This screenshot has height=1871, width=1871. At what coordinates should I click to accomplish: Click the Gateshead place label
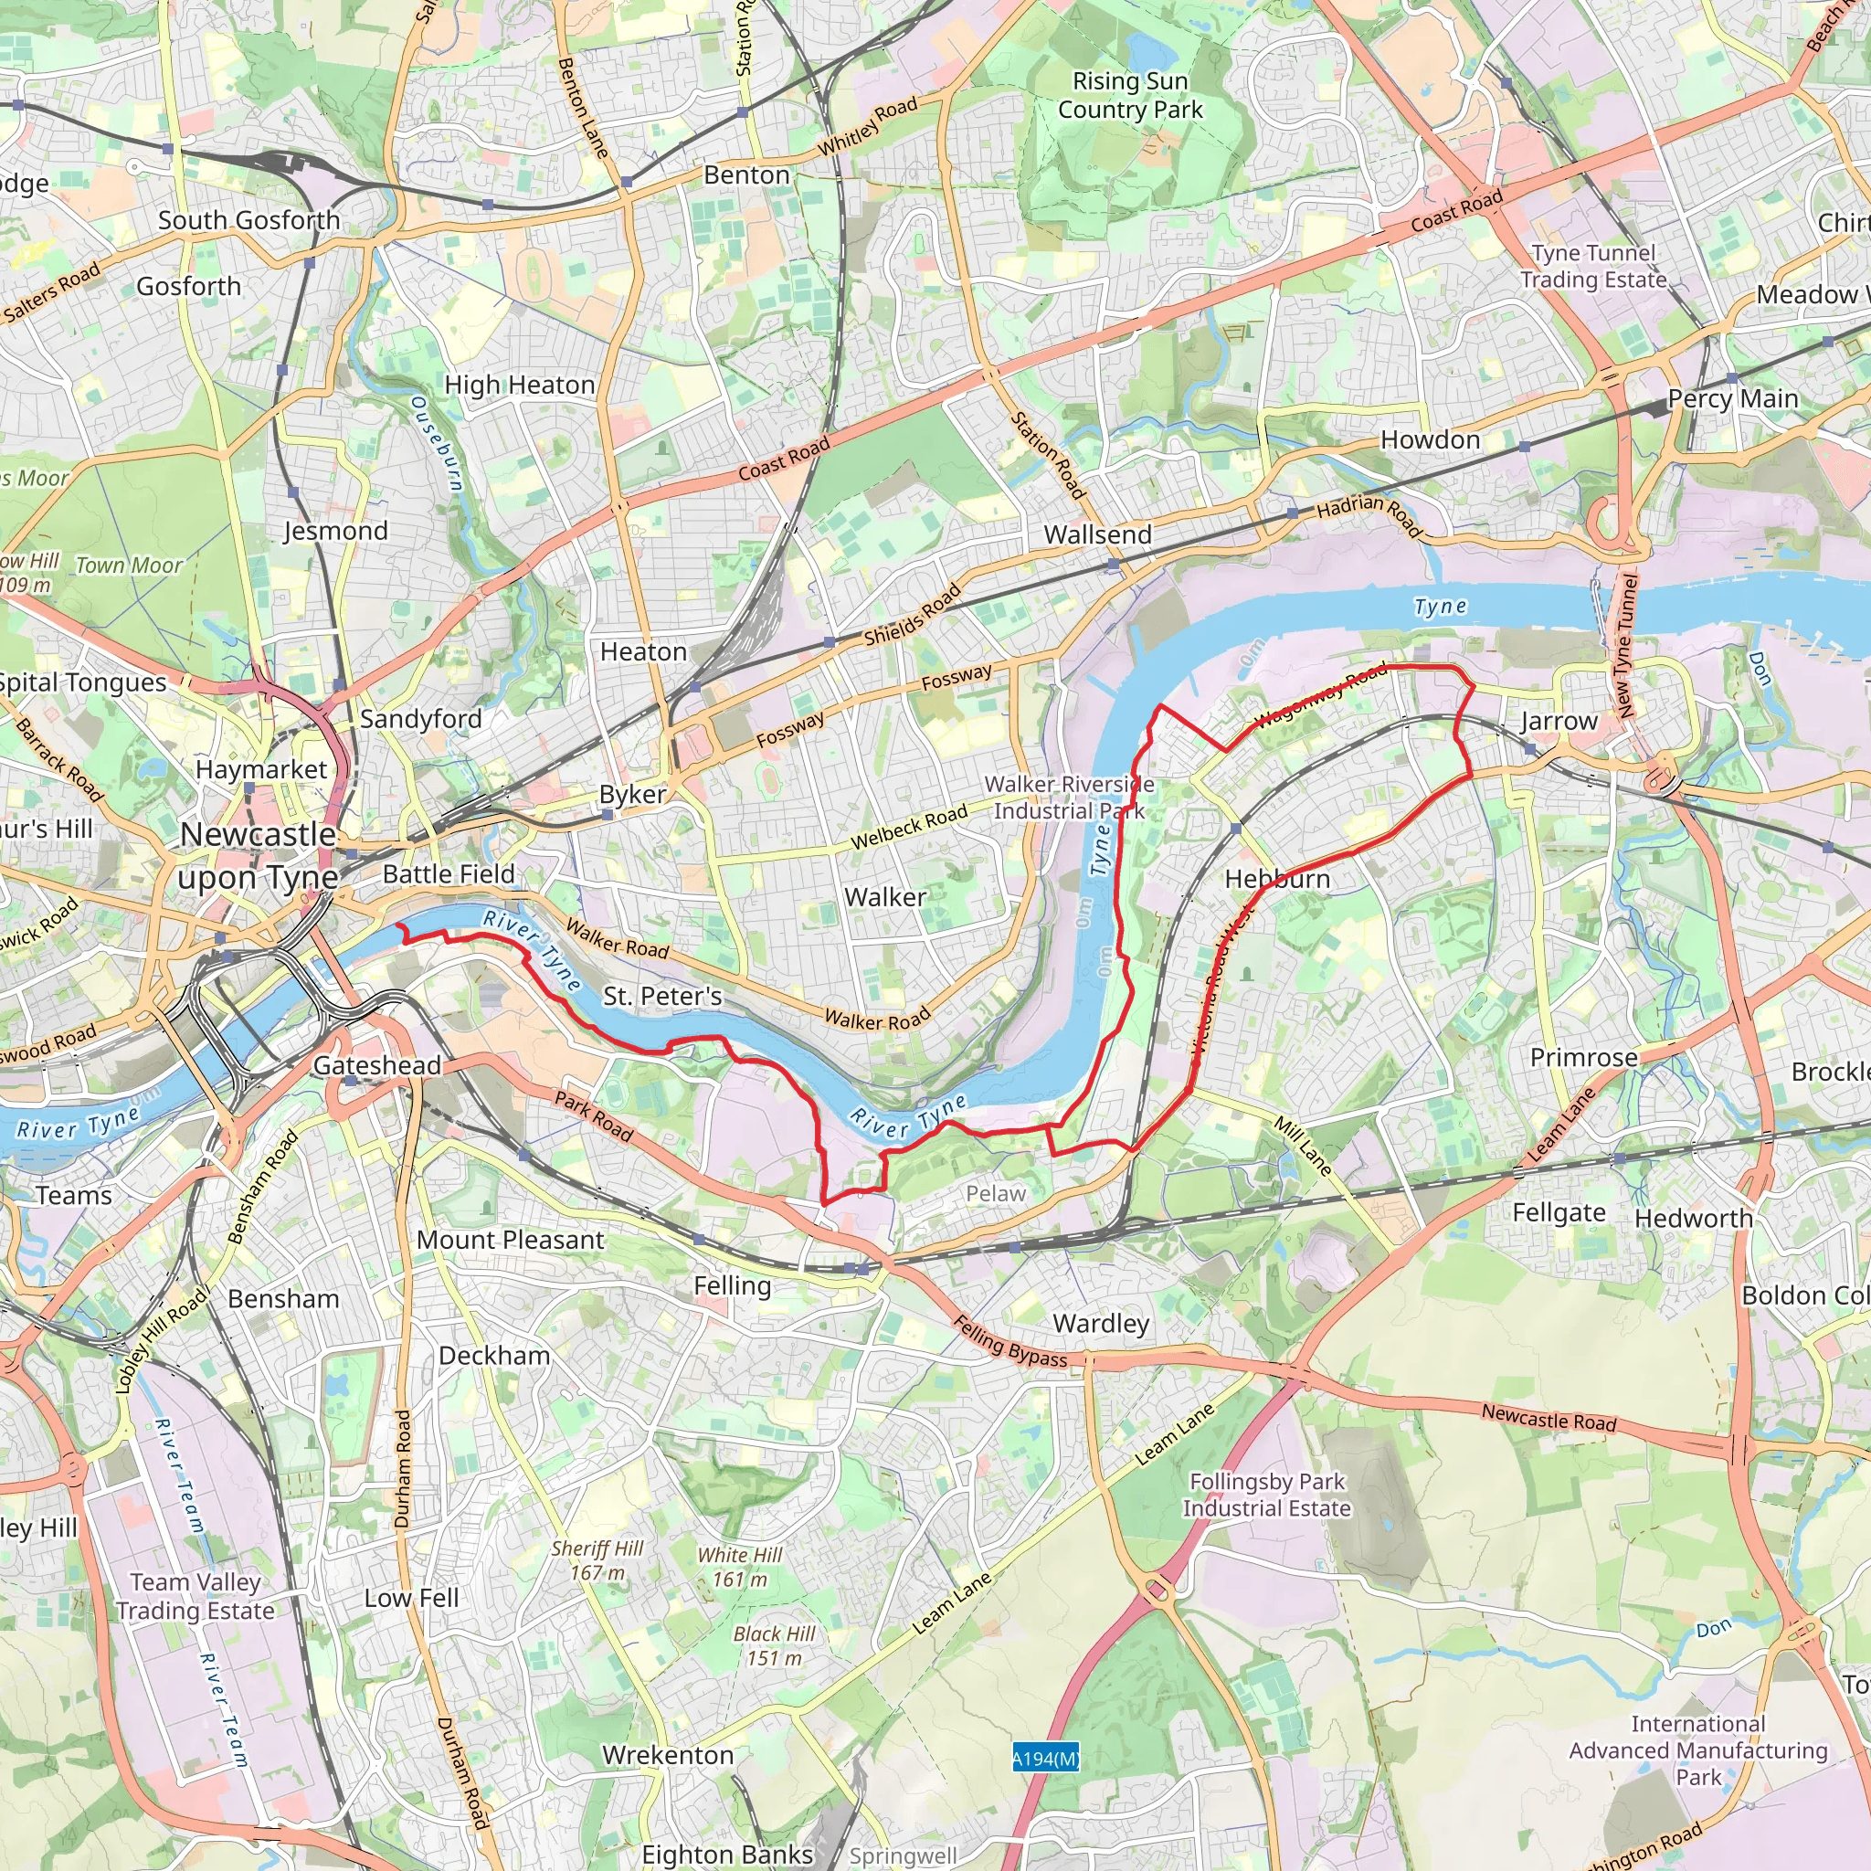pyautogui.click(x=376, y=1065)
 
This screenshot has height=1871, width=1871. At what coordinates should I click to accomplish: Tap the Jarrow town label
pyautogui.click(x=1559, y=721)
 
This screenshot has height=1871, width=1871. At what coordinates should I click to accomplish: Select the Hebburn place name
pyautogui.click(x=1277, y=880)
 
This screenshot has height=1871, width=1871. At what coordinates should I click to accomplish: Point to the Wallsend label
pyautogui.click(x=1097, y=534)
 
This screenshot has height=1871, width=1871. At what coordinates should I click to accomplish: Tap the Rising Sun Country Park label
pyautogui.click(x=1130, y=95)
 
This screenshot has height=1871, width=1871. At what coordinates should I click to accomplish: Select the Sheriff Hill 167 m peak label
pyautogui.click(x=597, y=1560)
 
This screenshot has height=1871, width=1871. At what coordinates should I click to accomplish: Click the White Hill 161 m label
pyautogui.click(x=740, y=1567)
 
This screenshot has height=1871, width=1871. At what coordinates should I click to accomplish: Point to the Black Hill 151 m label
pyautogui.click(x=774, y=1645)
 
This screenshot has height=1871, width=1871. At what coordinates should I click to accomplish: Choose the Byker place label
pyautogui.click(x=632, y=794)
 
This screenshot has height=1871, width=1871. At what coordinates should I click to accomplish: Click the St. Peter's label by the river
pyautogui.click(x=662, y=996)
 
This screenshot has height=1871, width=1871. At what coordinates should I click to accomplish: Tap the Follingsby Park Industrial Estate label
pyautogui.click(x=1267, y=1495)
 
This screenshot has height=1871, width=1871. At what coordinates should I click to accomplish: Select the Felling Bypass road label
pyautogui.click(x=1010, y=1341)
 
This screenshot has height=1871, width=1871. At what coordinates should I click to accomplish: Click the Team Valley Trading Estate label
pyautogui.click(x=196, y=1596)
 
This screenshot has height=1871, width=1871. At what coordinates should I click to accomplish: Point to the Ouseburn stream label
pyautogui.click(x=437, y=442)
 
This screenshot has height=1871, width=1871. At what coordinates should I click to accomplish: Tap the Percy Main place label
pyautogui.click(x=1732, y=399)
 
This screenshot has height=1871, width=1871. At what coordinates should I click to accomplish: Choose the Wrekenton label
pyautogui.click(x=667, y=1755)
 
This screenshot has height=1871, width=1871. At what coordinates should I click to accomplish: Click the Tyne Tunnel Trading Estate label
pyautogui.click(x=1593, y=267)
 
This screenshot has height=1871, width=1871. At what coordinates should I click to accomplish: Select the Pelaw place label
pyautogui.click(x=995, y=1194)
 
